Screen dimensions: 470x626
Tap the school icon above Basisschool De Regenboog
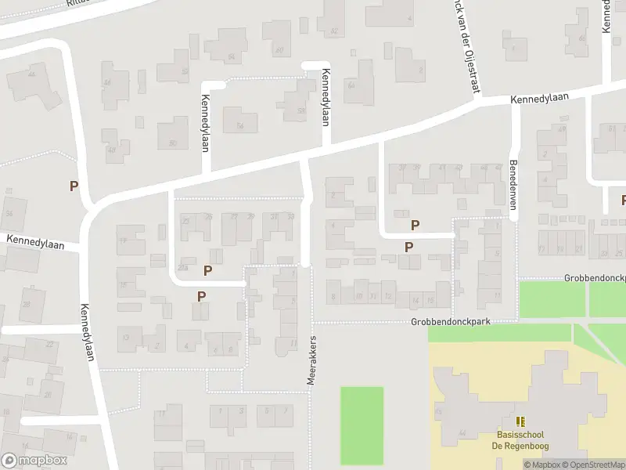point(520,421)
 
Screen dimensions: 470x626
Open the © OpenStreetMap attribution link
point(599,465)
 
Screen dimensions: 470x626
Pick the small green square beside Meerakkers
point(362,414)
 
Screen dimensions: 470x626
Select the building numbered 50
point(173,142)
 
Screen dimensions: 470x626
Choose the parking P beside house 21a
point(207,271)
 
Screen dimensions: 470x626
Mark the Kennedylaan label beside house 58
point(322,96)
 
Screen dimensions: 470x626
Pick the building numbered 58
point(300,110)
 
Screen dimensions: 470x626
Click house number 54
point(231,56)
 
